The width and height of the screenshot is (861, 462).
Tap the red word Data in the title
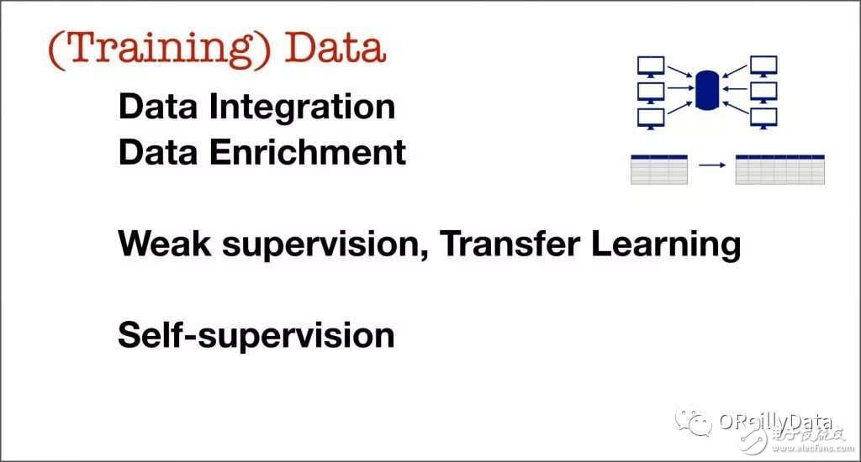[x=335, y=47]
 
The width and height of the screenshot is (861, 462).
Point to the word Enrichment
[x=308, y=152]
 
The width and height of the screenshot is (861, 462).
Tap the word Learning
[x=666, y=245]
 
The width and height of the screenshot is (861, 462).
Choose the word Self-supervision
[x=256, y=335]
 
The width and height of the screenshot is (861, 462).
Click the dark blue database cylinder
[x=706, y=90]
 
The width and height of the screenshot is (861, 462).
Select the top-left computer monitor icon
[x=651, y=66]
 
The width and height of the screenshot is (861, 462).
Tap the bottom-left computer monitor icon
[x=651, y=118]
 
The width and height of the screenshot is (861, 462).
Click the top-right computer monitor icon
[x=763, y=66]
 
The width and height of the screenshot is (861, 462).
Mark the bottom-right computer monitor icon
[x=763, y=118]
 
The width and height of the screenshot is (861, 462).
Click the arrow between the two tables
[x=712, y=165]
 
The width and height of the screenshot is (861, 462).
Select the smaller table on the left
[x=659, y=170]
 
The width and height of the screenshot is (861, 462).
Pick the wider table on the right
[x=779, y=170]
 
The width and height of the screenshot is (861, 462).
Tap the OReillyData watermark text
[x=775, y=422]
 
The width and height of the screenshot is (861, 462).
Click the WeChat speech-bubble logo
[x=693, y=422]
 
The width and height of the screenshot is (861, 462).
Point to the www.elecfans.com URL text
[x=813, y=449]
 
